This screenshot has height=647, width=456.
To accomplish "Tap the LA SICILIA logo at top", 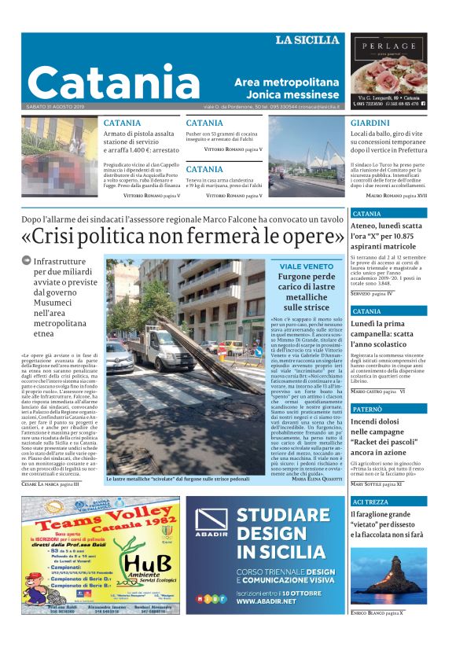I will click(307, 40).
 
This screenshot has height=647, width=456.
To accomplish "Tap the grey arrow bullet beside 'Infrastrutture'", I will click(27, 260).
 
